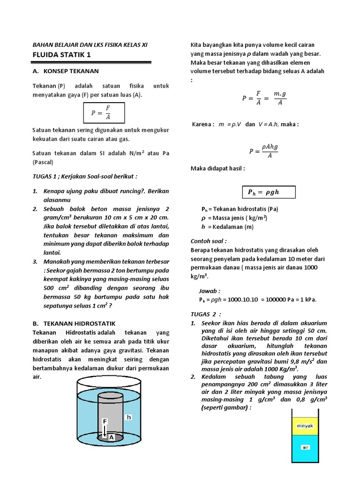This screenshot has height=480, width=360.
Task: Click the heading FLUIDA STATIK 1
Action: (x=61, y=55)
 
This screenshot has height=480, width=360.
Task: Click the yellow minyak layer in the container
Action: (x=305, y=426)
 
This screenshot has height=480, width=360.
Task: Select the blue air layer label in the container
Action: (x=305, y=448)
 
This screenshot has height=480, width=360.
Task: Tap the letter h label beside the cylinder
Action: (x=129, y=417)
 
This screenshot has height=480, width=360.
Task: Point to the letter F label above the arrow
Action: (x=105, y=421)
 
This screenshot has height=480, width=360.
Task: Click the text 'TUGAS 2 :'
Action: (x=205, y=314)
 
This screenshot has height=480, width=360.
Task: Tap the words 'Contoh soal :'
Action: (x=209, y=241)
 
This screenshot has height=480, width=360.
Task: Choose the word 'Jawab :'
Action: (x=210, y=291)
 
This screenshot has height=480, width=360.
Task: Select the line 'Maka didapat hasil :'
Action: (x=217, y=168)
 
